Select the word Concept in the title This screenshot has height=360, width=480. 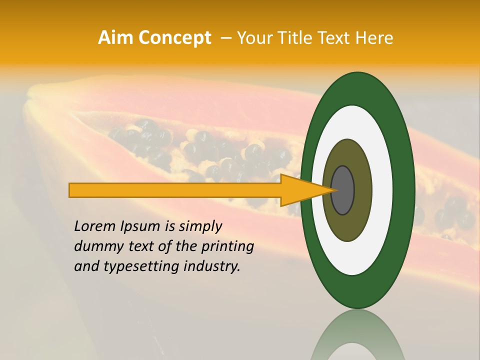click(x=175, y=38)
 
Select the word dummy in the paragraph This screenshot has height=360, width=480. click(x=99, y=247)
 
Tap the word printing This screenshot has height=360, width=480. click(x=227, y=247)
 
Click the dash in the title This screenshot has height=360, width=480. click(x=225, y=38)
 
